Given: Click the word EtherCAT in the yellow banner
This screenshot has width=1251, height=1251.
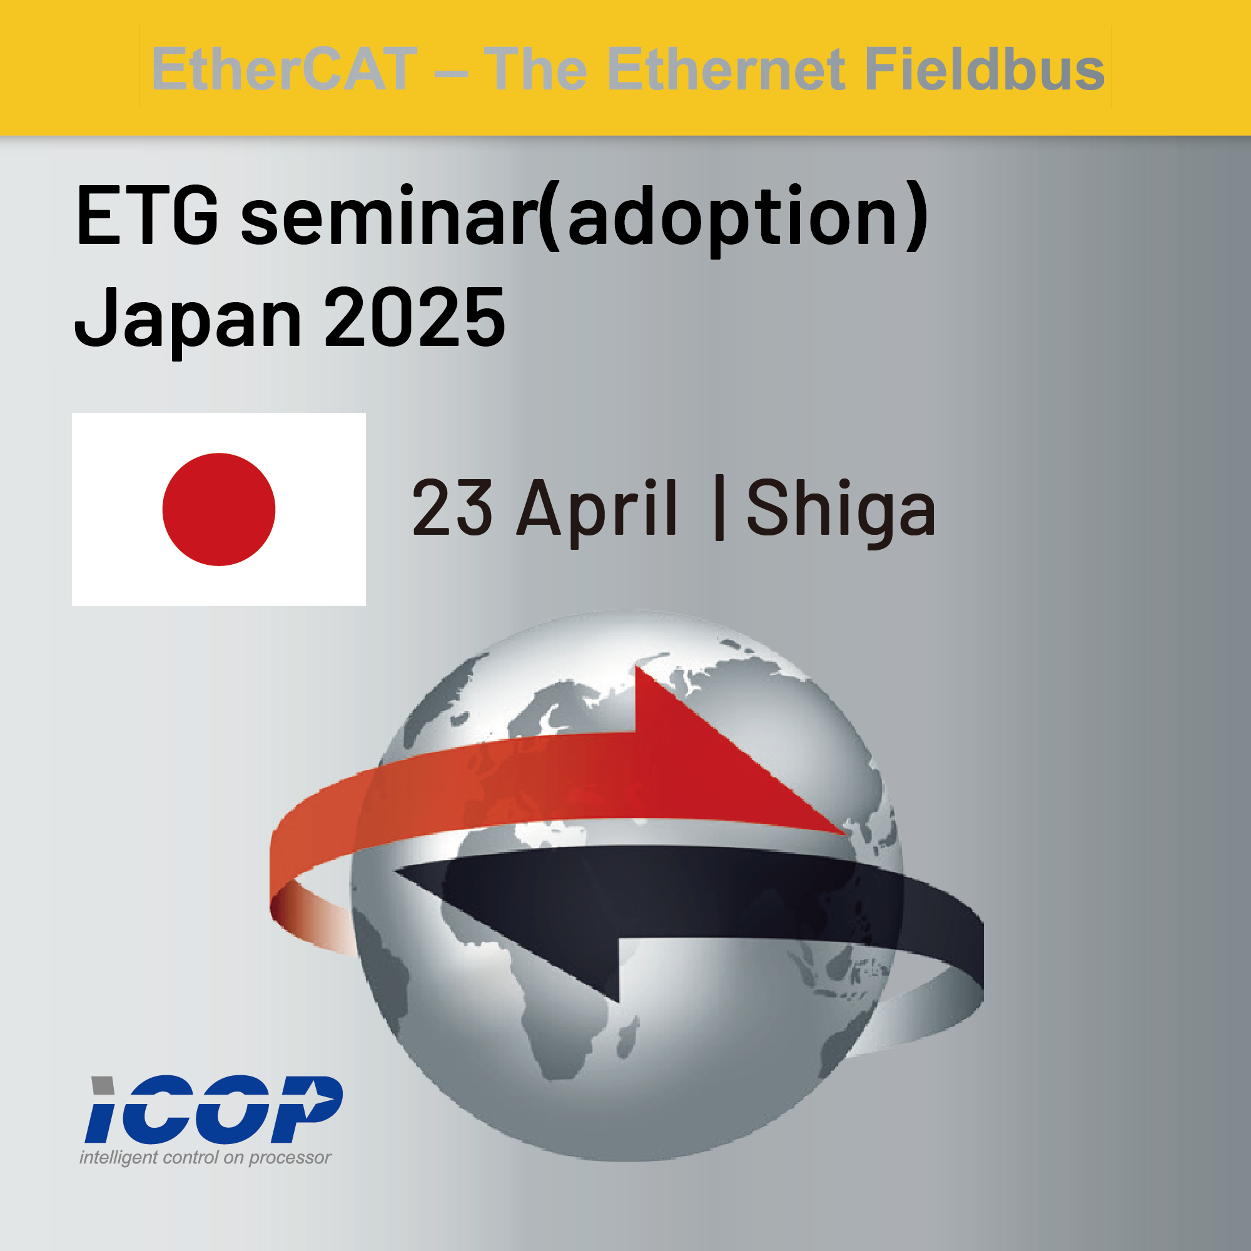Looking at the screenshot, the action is [284, 69].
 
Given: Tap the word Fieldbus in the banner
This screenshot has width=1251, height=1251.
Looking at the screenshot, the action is [984, 69].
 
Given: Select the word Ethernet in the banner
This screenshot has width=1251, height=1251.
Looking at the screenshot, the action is [726, 69].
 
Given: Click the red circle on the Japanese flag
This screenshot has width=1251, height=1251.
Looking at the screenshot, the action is [219, 509].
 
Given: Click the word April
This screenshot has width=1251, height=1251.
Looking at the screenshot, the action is [596, 512].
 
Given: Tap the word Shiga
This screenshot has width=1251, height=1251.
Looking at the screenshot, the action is [841, 512].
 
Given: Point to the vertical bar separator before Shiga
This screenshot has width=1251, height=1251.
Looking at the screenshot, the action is [719, 507].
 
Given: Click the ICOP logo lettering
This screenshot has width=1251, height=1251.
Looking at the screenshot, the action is [214, 1109].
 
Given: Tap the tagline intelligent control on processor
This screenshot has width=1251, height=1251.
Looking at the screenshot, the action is [205, 1157].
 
